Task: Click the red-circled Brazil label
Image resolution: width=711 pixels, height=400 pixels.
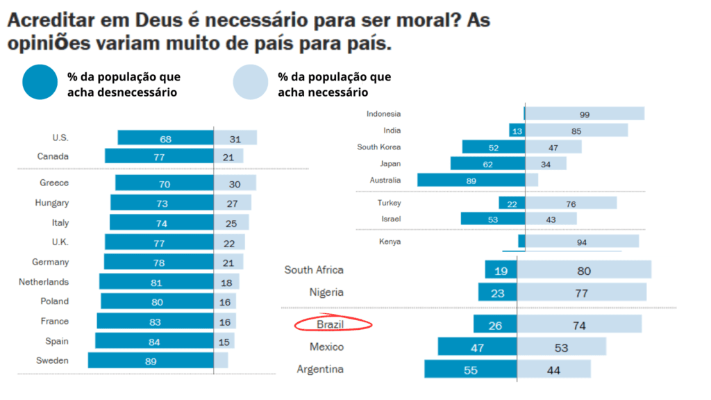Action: [330, 324]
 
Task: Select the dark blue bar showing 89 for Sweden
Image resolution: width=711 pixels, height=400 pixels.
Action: [151, 360]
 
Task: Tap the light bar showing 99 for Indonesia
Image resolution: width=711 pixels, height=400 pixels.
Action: [584, 114]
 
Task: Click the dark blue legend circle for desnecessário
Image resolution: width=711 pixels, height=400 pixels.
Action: [40, 83]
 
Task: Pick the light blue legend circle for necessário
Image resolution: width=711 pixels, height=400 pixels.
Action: [251, 83]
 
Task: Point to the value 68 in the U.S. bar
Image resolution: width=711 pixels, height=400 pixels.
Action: [165, 138]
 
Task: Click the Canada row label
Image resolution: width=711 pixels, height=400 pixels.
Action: [53, 156]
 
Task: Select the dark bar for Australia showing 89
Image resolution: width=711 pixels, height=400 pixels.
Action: [471, 180]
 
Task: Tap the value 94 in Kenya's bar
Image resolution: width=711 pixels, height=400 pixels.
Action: [582, 242]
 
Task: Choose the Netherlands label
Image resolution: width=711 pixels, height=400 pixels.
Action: [44, 282]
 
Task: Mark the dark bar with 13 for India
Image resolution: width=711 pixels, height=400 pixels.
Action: [516, 131]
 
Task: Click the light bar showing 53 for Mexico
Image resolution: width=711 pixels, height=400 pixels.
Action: [561, 347]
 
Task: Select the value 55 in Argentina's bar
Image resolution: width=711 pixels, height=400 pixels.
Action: [471, 369]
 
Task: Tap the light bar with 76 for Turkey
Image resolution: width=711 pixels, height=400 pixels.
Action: [570, 203]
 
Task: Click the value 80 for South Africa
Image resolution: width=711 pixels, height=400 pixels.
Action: [583, 270]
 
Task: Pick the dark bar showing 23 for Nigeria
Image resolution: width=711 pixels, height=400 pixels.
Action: [497, 292]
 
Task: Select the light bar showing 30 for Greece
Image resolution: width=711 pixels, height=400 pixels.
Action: [235, 183]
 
